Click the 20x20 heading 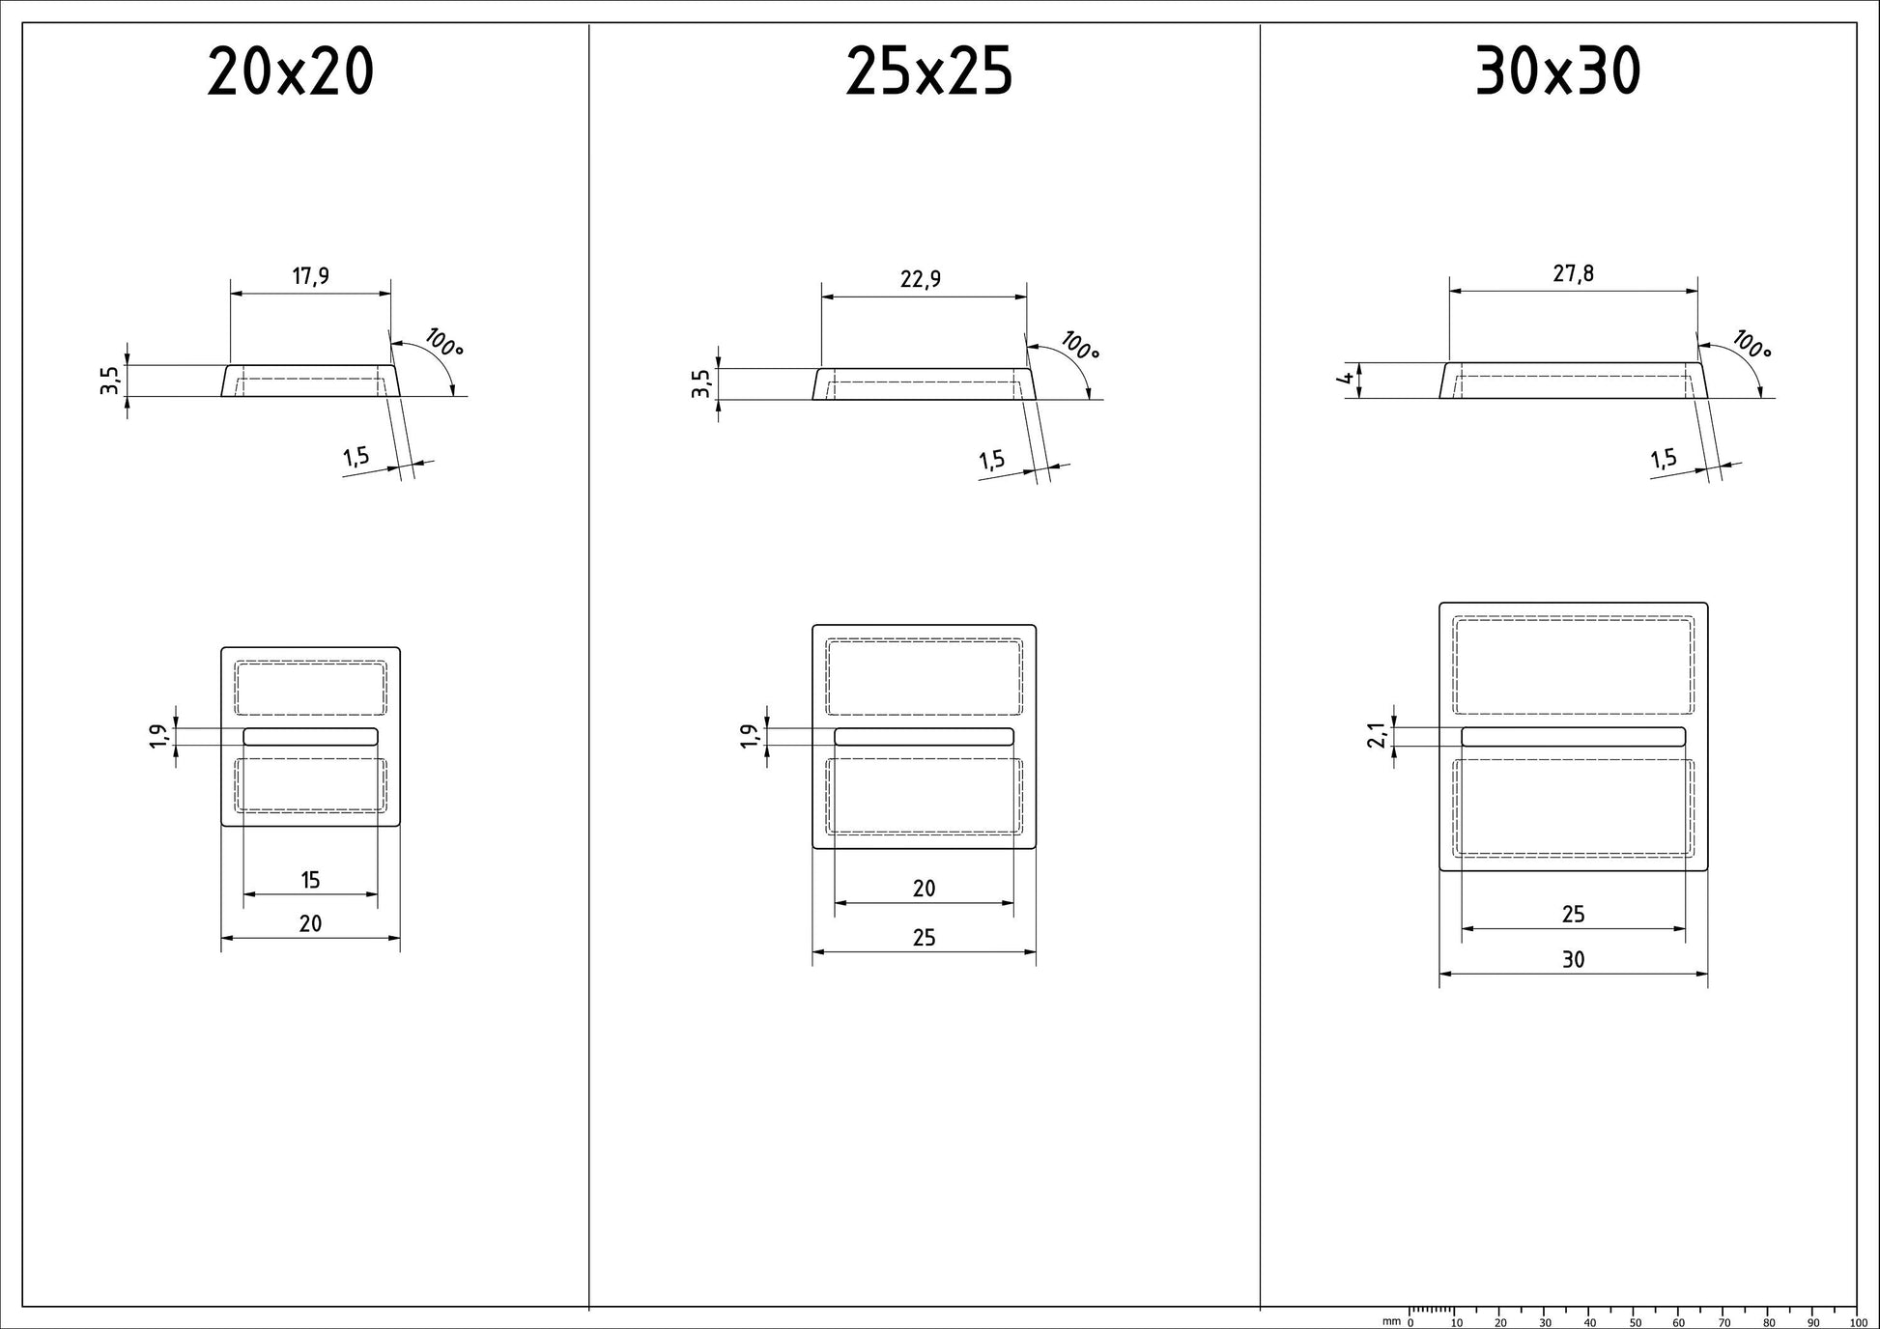click(291, 72)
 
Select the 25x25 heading click(928, 72)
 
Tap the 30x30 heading click(1557, 72)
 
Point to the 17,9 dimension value click(311, 277)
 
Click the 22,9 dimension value click(921, 279)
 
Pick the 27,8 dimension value click(1574, 274)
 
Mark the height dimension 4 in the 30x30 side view click(1346, 379)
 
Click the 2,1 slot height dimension click(1378, 736)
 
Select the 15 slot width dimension click(310, 880)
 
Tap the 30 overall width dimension click(1574, 960)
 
